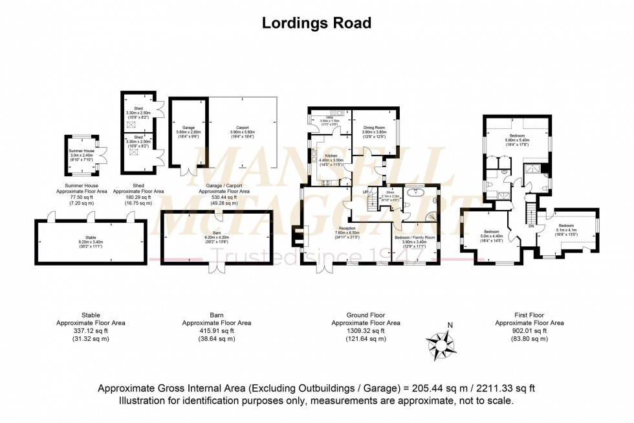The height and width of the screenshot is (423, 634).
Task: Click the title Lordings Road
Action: coord(316,23)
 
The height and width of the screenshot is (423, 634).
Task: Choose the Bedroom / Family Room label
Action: coord(414,238)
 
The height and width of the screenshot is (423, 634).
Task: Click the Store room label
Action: coord(390,192)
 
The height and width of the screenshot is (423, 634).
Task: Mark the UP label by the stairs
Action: coord(364,192)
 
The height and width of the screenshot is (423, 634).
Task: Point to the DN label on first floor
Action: coord(531,227)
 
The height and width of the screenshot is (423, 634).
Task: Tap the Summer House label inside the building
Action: coord(82,150)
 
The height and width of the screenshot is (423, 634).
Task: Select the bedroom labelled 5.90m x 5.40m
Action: coord(517,135)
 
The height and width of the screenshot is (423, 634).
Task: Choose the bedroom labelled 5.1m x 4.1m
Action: coord(567,225)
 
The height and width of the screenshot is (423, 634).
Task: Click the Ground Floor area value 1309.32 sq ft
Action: coord(366,330)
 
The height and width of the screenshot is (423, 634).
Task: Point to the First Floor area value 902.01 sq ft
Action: coord(529,330)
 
